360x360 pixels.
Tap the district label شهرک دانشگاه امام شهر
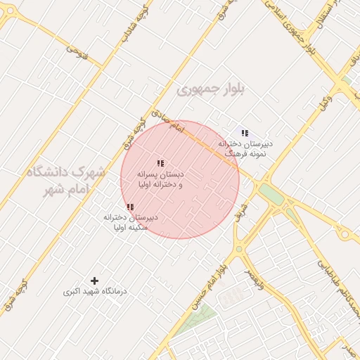pyautogui.click(x=67, y=181)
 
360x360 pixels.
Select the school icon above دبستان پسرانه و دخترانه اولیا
pyautogui.click(x=160, y=163)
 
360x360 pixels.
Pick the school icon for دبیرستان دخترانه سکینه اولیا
pyautogui.click(x=130, y=207)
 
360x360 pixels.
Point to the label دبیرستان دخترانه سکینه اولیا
pyautogui.click(x=130, y=222)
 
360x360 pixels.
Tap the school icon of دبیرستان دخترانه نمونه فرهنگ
pyautogui.click(x=245, y=133)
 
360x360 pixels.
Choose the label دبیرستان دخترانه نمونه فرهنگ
pyautogui.click(x=245, y=148)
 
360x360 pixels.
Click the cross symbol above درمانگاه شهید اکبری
pyautogui.click(x=95, y=281)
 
